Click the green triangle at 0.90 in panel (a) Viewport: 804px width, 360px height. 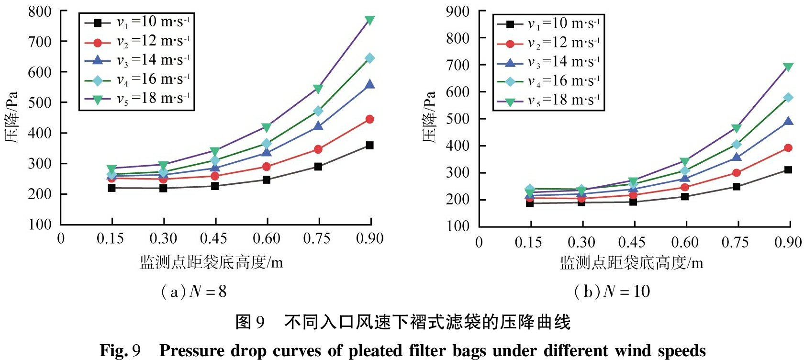pyautogui.click(x=369, y=20)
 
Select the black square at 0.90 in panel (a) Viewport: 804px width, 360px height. pyautogui.click(x=369, y=146)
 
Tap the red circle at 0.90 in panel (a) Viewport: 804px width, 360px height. pyautogui.click(x=369, y=119)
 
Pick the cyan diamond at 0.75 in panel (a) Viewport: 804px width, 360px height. pyautogui.click(x=318, y=111)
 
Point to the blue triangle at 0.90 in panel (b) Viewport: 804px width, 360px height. pyautogui.click(x=788, y=122)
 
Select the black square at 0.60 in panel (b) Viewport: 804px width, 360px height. pyautogui.click(x=685, y=196)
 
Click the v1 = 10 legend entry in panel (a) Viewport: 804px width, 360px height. pyautogui.click(x=137, y=22)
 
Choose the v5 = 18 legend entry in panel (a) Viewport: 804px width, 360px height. pyautogui.click(x=137, y=99)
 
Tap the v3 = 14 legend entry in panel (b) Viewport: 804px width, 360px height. pyautogui.click(x=548, y=62)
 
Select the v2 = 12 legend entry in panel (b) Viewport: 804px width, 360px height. pyautogui.click(x=548, y=43)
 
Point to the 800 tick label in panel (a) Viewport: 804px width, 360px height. pyautogui.click(x=40, y=11)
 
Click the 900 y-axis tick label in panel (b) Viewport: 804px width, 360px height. pyautogui.click(x=458, y=11)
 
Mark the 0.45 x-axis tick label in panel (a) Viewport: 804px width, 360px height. pyautogui.click(x=213, y=238)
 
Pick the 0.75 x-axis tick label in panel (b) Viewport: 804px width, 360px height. pyautogui.click(x=735, y=242)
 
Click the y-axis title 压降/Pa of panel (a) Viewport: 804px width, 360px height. pyautogui.click(x=11, y=117)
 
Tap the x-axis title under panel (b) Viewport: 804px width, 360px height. pyautogui.click(x=631, y=263)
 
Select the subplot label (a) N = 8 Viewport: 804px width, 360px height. pyautogui.click(x=194, y=292)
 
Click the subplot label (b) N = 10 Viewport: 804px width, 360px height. pyautogui.click(x=612, y=292)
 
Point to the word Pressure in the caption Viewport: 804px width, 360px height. pyautogui.click(x=192, y=351)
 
